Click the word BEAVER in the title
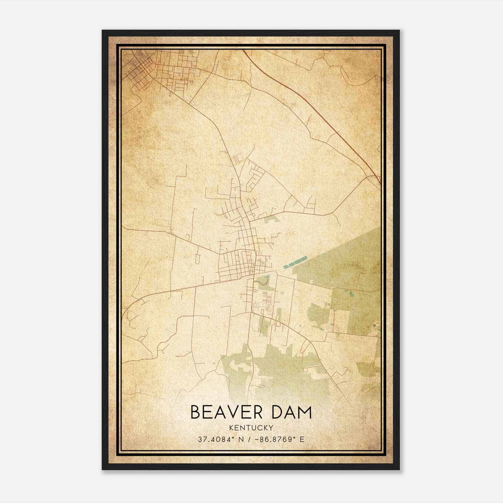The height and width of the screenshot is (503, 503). pos(224,412)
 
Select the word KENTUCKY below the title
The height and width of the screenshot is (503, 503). pos(251,428)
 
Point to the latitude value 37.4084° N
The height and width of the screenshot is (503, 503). pos(221,439)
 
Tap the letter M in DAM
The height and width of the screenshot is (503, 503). pos(303,412)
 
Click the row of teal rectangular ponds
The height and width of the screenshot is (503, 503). pos(295,262)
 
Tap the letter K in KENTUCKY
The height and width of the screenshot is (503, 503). pos(231,428)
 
